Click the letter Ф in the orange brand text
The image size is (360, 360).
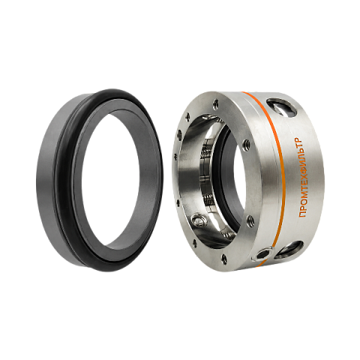click(x=302, y=178)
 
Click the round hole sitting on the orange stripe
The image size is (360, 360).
click(x=263, y=253)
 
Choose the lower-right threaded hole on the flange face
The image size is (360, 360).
click(x=249, y=220)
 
